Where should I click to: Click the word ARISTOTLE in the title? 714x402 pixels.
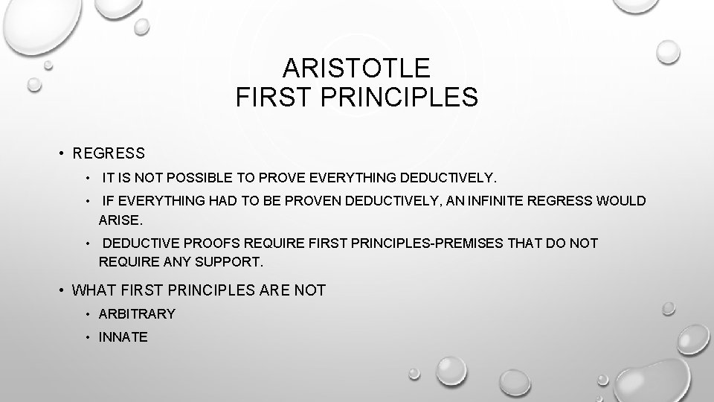pos(356,68)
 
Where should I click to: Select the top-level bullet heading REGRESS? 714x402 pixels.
pos(109,154)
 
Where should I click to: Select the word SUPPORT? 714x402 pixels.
pos(229,263)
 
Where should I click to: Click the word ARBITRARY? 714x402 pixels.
pos(137,314)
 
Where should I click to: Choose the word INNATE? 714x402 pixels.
pos(123,337)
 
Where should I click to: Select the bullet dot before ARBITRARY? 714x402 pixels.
pos(88,314)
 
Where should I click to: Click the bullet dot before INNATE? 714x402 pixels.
pos(88,337)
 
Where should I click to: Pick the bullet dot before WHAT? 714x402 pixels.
pos(62,290)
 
